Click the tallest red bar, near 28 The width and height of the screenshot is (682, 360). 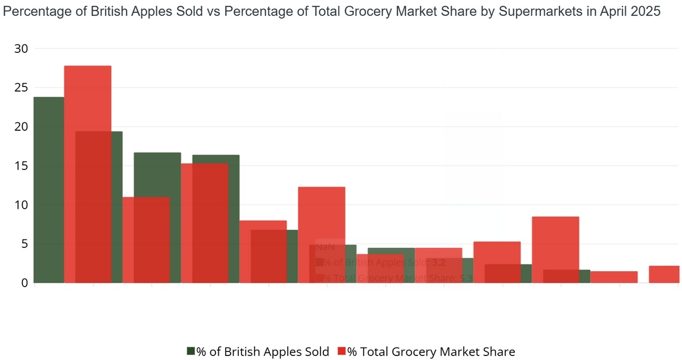(x=88, y=171)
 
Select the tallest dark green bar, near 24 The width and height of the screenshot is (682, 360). (x=48, y=188)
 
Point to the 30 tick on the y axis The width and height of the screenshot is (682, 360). (x=21, y=49)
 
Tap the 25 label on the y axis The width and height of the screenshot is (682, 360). (x=21, y=88)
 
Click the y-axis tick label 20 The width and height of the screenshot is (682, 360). (x=21, y=127)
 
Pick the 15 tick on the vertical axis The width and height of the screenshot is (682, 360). (x=21, y=166)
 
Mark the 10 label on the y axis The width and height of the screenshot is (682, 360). (x=21, y=205)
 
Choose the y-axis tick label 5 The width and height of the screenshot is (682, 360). (x=24, y=244)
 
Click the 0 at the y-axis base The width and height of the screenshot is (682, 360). (x=24, y=283)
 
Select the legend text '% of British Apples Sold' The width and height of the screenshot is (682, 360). (x=263, y=351)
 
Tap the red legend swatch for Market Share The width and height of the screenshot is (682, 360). (x=342, y=351)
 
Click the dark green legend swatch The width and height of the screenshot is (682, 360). (x=191, y=351)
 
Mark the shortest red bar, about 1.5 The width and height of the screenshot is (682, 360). (x=614, y=277)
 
